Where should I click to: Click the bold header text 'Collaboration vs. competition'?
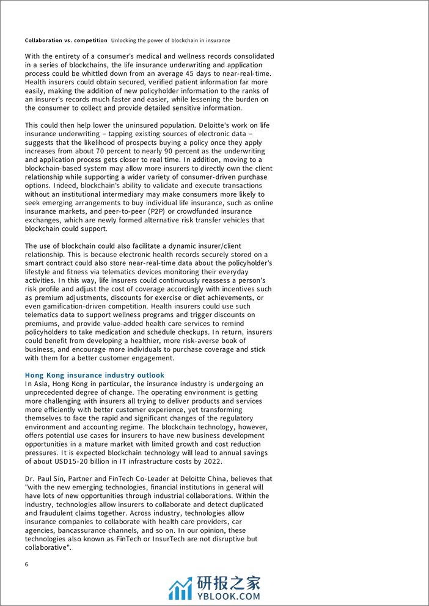(66, 40)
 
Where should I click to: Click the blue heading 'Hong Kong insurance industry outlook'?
(95, 375)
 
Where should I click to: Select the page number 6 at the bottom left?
(27, 564)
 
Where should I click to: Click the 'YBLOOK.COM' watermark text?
(227, 596)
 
